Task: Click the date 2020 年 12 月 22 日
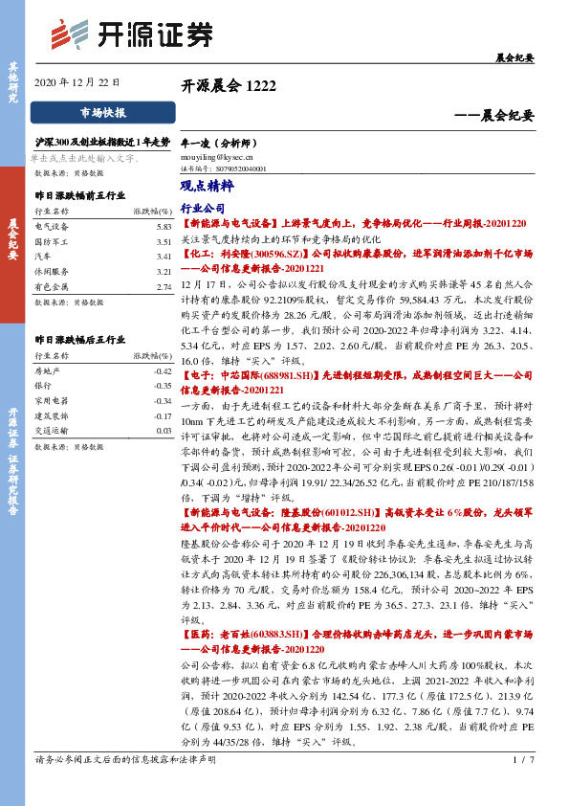coord(77,82)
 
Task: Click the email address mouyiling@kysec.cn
coord(216,152)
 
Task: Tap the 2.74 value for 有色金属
coord(163,286)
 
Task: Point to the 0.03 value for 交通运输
coord(163,432)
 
